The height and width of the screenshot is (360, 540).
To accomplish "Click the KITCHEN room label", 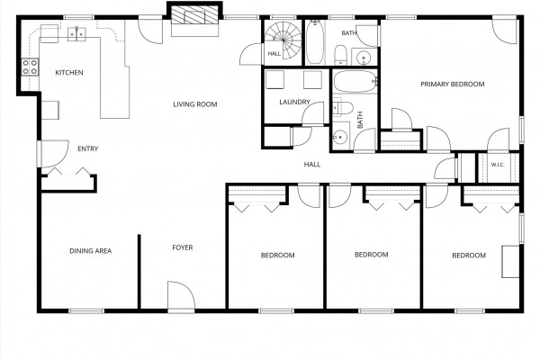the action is (x=69, y=73).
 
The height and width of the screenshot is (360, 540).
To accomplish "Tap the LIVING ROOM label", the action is (x=195, y=104).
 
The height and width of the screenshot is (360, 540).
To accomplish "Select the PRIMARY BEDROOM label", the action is (x=453, y=84).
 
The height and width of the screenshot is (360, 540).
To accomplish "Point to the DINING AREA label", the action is (x=91, y=251).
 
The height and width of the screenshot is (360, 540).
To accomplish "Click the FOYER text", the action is (x=183, y=247).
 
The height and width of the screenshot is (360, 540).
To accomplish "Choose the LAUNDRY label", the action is (x=295, y=102).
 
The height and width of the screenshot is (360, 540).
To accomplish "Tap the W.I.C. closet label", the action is (x=498, y=165).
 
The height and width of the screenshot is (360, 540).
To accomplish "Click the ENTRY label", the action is (x=88, y=148).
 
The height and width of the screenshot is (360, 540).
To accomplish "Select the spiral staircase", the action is (x=283, y=40).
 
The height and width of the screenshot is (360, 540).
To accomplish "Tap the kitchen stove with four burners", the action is (x=30, y=67).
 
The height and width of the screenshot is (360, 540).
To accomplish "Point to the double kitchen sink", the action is (x=76, y=34).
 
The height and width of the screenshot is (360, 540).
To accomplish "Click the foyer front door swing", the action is (x=182, y=295).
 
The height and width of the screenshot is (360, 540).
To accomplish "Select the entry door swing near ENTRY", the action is (x=54, y=154).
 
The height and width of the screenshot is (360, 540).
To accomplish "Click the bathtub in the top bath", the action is (x=315, y=42).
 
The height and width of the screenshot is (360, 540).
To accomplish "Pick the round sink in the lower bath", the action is (x=340, y=138).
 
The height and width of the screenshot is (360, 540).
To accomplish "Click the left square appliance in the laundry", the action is (x=274, y=79).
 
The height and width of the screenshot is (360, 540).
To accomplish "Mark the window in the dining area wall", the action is (x=86, y=311).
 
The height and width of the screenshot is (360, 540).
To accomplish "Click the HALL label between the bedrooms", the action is (x=312, y=165).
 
